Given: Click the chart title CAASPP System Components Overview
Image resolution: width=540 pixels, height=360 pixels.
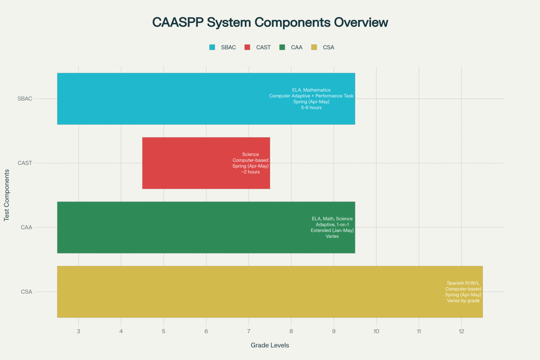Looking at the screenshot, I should [x=270, y=22].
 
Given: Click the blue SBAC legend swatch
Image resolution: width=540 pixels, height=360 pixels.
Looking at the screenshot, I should [x=212, y=47].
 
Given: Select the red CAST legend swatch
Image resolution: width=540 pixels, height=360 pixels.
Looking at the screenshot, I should [x=247, y=47].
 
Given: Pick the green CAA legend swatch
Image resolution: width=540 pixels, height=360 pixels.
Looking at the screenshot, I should [x=282, y=47].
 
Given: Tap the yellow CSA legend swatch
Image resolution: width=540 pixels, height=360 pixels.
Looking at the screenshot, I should [x=314, y=47].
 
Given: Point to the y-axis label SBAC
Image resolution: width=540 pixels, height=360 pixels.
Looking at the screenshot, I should [x=25, y=99].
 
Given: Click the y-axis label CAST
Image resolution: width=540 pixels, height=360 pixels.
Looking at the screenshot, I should [x=25, y=163].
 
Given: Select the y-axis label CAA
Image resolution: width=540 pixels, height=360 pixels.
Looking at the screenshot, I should [x=26, y=227].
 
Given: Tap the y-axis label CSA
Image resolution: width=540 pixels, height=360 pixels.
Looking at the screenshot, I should [x=26, y=292].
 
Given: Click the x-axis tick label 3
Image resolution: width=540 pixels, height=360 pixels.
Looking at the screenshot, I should [x=78, y=331].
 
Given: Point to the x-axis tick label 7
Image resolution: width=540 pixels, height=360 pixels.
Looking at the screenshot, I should [x=249, y=331].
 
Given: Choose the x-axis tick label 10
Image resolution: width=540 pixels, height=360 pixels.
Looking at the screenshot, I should [x=376, y=331].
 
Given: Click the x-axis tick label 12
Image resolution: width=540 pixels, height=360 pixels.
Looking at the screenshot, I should [x=461, y=331].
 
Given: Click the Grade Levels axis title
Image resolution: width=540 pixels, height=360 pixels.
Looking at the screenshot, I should [x=270, y=345].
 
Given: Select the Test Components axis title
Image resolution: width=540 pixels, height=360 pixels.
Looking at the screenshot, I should [x=7, y=195].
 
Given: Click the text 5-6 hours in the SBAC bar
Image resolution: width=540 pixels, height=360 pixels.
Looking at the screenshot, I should [x=311, y=108].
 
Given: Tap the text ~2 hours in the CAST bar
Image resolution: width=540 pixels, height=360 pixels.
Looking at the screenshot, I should [x=250, y=172].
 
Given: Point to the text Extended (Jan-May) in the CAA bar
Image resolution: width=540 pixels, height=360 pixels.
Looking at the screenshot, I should [x=332, y=230].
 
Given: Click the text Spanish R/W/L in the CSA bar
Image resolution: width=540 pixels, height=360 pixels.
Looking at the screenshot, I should [x=463, y=283].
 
